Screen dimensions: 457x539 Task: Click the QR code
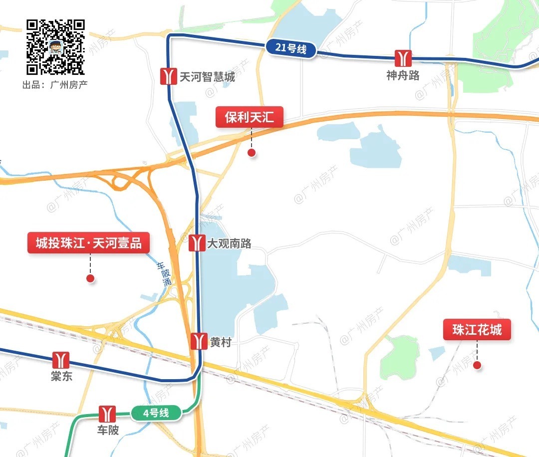[55, 46]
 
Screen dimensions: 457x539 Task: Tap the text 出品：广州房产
[55, 84]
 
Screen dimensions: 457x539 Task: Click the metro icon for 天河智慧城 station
[168, 76]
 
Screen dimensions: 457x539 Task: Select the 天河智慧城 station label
[207, 77]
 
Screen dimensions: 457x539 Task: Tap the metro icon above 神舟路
[402, 58]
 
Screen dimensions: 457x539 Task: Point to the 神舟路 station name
[403, 75]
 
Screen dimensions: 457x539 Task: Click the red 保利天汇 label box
[250, 118]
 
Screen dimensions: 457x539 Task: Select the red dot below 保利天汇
[252, 153]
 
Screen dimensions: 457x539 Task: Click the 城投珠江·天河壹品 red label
[89, 243]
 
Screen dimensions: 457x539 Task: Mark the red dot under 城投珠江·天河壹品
[90, 278]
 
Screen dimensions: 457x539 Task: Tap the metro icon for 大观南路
[197, 243]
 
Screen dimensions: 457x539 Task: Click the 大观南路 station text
[230, 244]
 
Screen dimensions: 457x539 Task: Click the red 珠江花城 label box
[477, 330]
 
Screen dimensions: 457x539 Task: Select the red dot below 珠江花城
[477, 365]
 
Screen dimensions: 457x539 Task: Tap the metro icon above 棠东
[61, 360]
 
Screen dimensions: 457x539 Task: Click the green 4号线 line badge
[156, 413]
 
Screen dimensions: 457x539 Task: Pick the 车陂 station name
[108, 430]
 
